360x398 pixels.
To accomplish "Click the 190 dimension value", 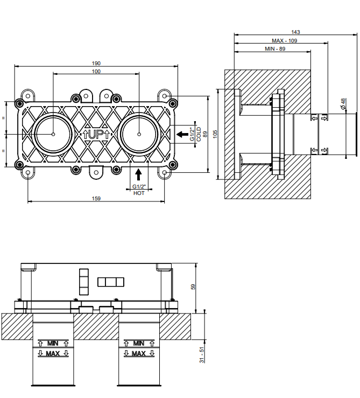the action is (x=96, y=63).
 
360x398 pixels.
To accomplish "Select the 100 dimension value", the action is (x=96, y=71).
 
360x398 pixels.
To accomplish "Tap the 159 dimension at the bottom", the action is (x=96, y=198).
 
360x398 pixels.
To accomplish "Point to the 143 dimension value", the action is (x=295, y=32).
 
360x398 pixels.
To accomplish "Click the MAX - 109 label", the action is (x=285, y=40).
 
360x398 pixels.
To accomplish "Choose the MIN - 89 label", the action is (x=275, y=48).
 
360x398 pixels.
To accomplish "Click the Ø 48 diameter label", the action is (x=343, y=104).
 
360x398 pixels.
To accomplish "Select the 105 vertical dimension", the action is (x=215, y=134).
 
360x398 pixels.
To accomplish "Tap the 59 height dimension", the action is (x=193, y=287).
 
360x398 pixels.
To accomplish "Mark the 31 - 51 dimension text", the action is (x=202, y=355).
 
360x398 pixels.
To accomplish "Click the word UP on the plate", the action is (x=96, y=134).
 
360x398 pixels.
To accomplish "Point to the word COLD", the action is (x=199, y=134).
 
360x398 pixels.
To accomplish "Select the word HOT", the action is (x=139, y=193).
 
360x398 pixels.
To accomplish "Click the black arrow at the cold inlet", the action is (x=182, y=134).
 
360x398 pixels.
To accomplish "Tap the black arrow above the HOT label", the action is (x=138, y=174).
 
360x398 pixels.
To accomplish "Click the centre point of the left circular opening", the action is (x=53, y=134).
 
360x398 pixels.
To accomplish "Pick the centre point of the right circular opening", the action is (x=139, y=134).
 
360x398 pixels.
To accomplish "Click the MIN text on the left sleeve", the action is (x=53, y=344).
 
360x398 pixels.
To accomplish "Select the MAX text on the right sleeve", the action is (x=139, y=353).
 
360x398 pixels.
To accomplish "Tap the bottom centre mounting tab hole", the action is (x=96, y=172).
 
